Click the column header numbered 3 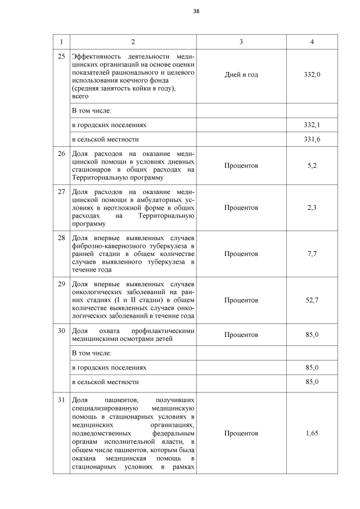pyautogui.click(x=241, y=42)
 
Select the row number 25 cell pyautogui.click(x=62, y=57)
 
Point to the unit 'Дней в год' pyautogui.click(x=241, y=74)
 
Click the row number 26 pyautogui.click(x=62, y=153)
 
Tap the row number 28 pyautogui.click(x=62, y=237)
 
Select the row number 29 pyautogui.click(x=62, y=283)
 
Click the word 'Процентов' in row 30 pyautogui.click(x=241, y=335)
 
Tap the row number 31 pyautogui.click(x=62, y=400)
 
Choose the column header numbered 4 pyautogui.click(x=312, y=42)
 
